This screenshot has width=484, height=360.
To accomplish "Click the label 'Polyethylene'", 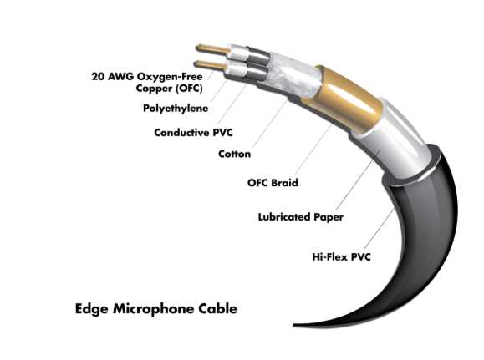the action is click(176, 109).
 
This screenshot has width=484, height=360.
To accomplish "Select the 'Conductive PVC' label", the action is click(193, 133).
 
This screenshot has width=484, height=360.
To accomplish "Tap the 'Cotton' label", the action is click(234, 154).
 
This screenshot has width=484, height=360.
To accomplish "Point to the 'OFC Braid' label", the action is click(273, 183).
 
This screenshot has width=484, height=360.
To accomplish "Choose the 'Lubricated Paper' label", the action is click(301, 217).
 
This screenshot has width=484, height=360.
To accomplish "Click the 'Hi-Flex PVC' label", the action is click(341, 256).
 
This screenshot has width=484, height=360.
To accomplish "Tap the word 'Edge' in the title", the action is click(92, 309).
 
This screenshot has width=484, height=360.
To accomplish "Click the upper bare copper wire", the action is click(213, 49).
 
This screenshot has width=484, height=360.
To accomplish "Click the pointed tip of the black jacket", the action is click(294, 325).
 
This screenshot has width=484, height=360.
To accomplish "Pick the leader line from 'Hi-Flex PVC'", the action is click(380, 228).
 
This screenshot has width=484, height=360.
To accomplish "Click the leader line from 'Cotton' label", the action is click(270, 124).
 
